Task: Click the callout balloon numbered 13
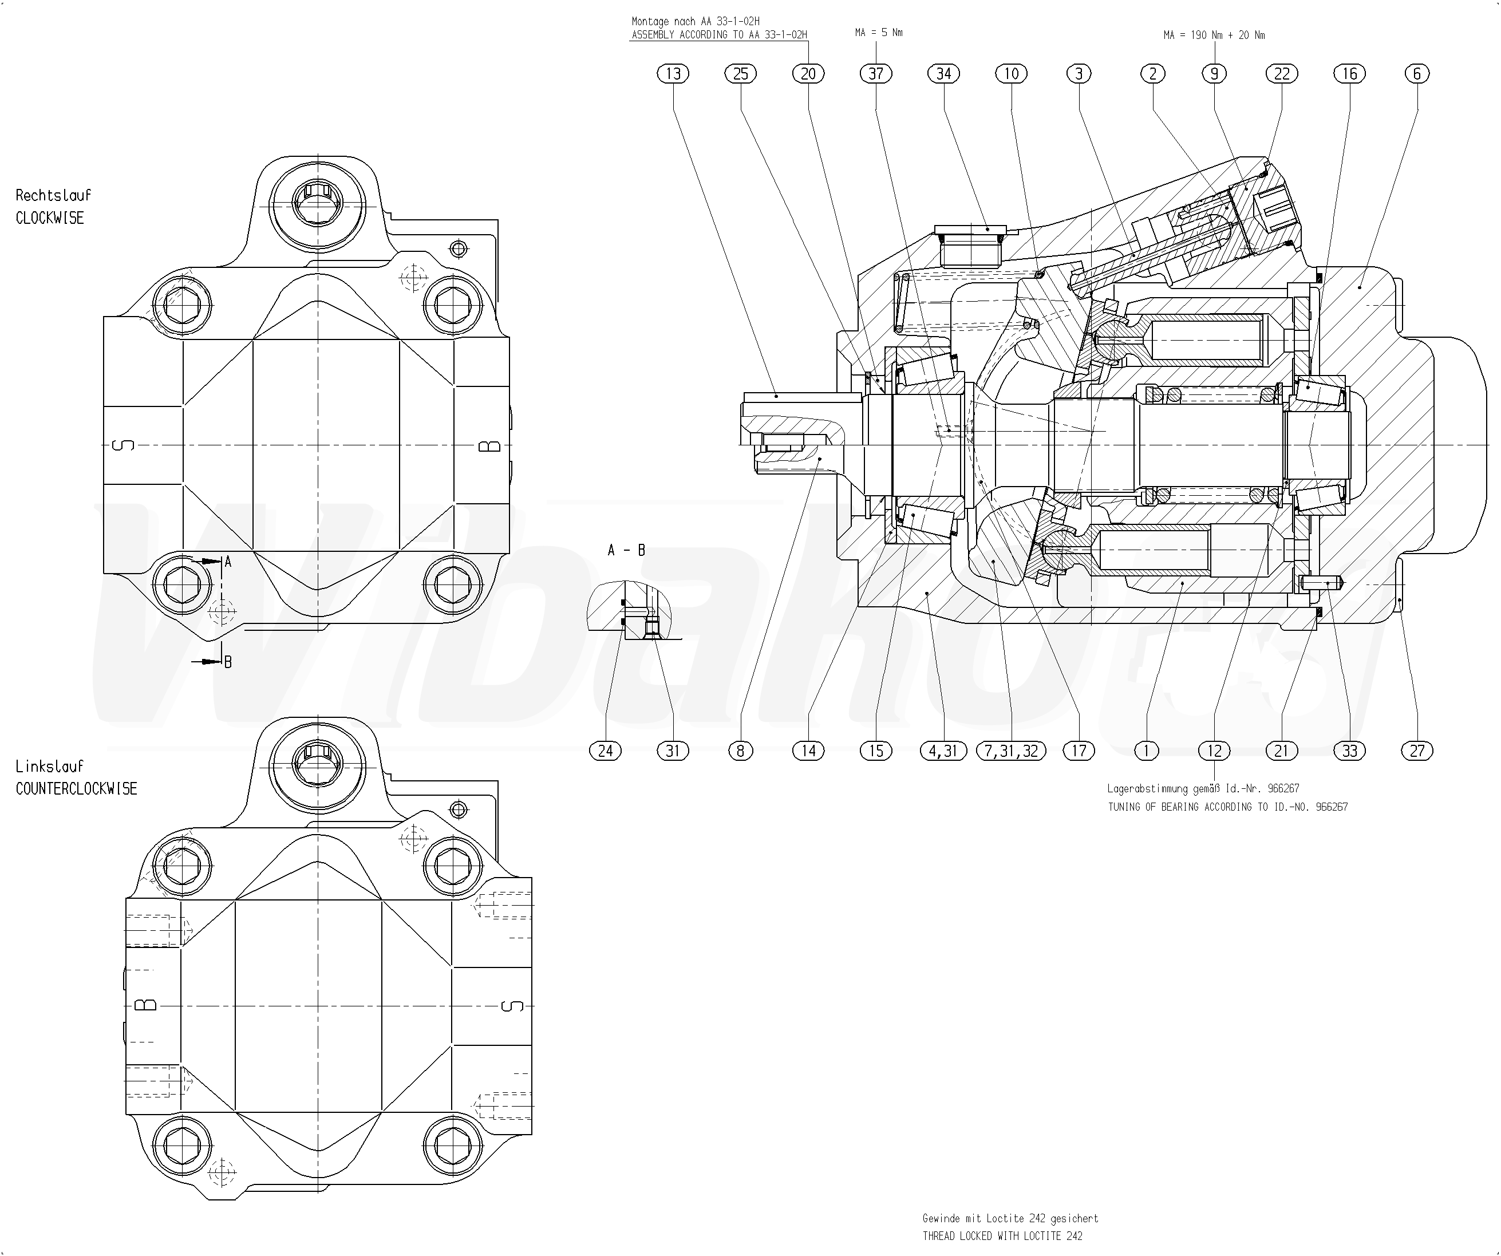[673, 74]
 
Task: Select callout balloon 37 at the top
[876, 74]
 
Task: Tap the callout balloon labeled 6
[1417, 74]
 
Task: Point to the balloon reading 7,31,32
[1010, 751]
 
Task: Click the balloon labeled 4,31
[943, 751]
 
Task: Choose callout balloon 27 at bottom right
[1417, 751]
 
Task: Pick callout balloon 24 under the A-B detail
[606, 751]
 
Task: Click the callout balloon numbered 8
[741, 751]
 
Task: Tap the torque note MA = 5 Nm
[878, 33]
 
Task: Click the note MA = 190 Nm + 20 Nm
[1214, 35]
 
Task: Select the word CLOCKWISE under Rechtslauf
[50, 218]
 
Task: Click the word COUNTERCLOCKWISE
[77, 788]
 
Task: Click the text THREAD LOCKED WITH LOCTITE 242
[1002, 1236]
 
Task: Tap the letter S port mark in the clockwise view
[124, 446]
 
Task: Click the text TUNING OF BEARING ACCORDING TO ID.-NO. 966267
[1227, 807]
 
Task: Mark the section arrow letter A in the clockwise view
[228, 562]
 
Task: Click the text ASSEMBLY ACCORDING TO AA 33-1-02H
[719, 35]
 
